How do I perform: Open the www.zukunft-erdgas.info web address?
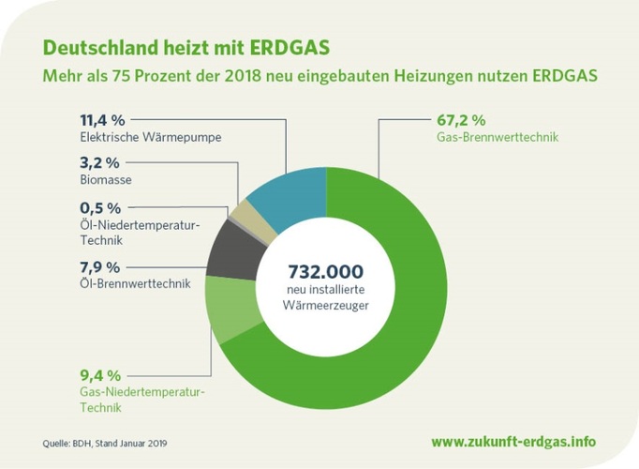[513, 441]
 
